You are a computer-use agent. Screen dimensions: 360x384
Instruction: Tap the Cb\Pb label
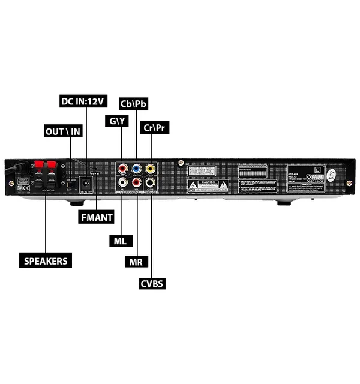134,103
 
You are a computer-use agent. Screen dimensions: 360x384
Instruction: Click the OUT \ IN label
64,131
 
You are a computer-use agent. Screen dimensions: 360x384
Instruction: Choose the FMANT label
96,217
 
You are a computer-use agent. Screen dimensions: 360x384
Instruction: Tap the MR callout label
137,262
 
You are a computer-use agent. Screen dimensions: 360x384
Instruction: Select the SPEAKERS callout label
46,261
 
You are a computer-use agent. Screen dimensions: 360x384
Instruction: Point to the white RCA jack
123,181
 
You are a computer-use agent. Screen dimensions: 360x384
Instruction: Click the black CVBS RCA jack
149,181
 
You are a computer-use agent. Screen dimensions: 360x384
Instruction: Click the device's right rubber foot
284,202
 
